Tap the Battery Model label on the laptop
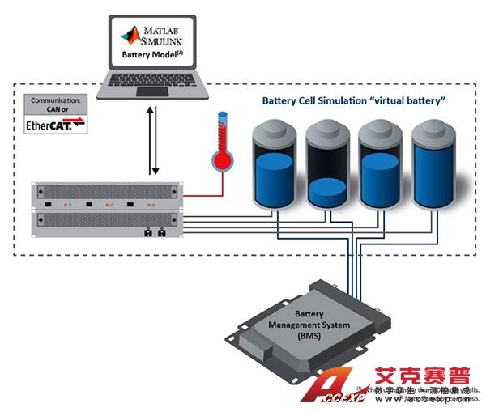151,56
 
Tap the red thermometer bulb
220,160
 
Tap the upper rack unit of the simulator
105,196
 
